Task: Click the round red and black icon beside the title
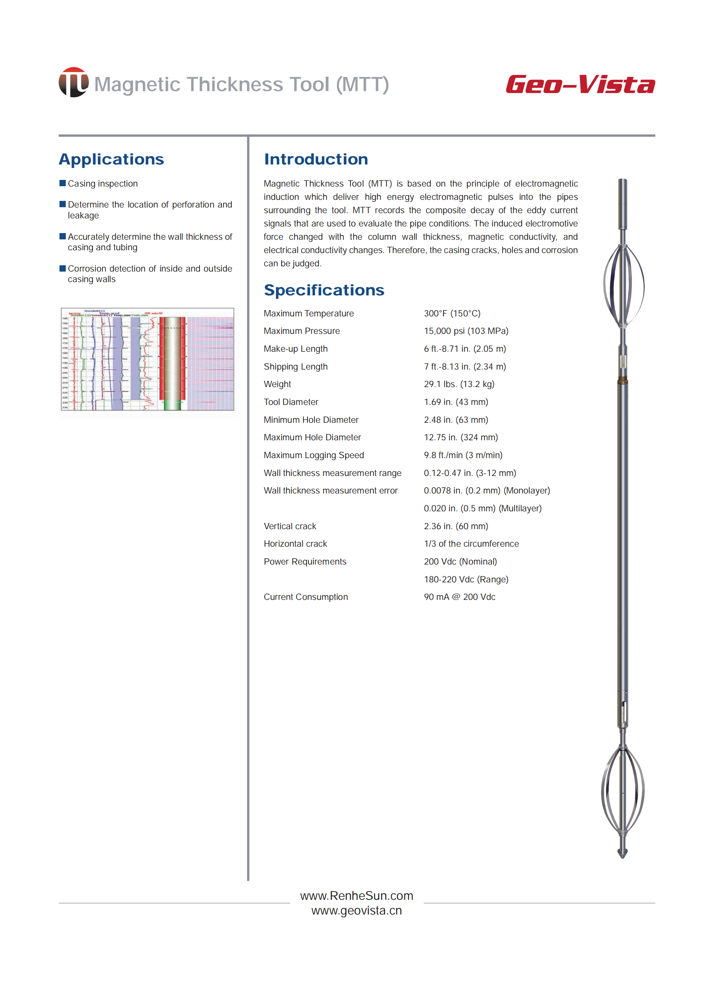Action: (73, 82)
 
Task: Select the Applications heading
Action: (111, 159)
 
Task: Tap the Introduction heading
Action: (316, 159)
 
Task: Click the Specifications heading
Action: (324, 290)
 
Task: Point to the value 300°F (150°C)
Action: (452, 313)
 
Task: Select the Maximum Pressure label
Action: (302, 331)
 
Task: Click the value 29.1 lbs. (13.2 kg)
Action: (459, 384)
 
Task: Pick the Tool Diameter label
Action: (291, 402)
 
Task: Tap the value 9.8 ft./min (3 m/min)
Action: (463, 455)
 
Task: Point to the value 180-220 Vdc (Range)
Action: (466, 579)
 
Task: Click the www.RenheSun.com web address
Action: (356, 896)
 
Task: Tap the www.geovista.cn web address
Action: (356, 911)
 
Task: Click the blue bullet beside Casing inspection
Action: (62, 183)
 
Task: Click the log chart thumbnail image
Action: (147, 359)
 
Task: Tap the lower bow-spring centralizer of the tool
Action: (623, 790)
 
